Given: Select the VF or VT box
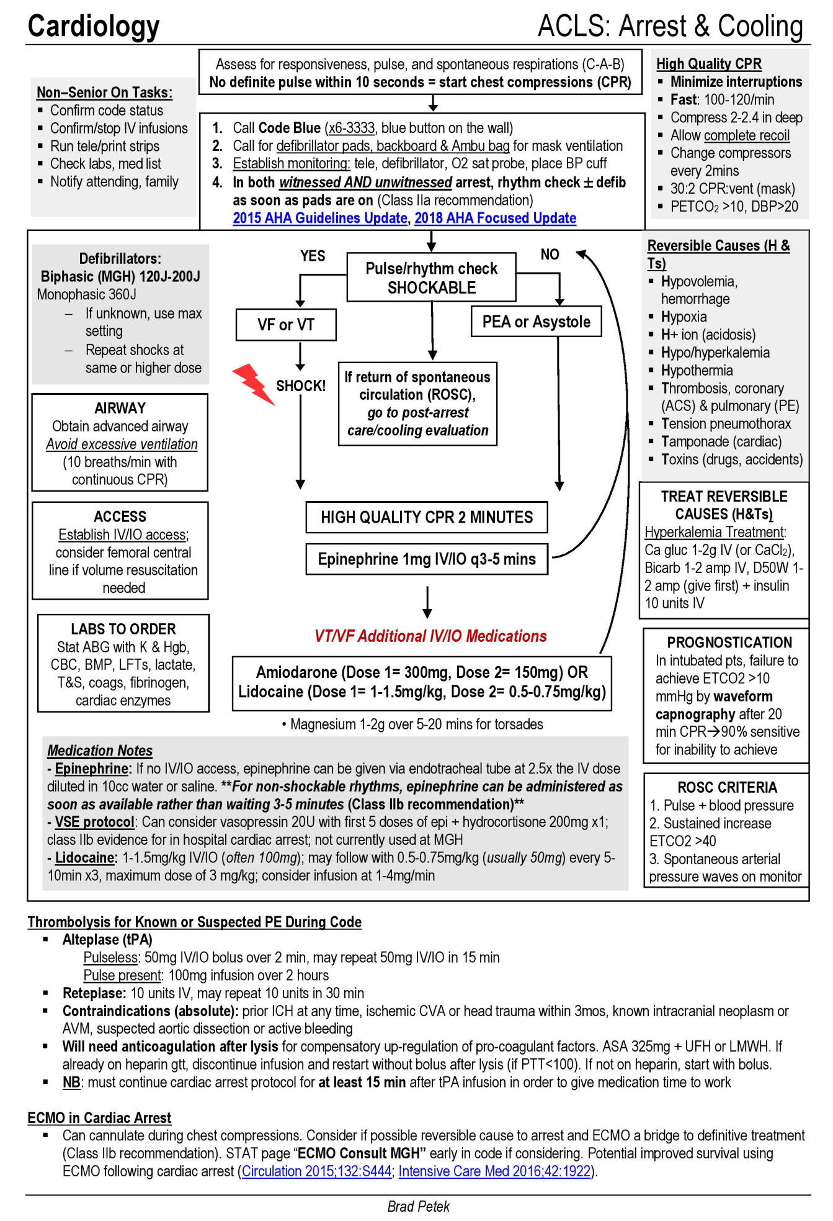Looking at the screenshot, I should [286, 325].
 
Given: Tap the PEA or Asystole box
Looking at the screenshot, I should [536, 322].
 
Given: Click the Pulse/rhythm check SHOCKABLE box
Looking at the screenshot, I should [431, 277].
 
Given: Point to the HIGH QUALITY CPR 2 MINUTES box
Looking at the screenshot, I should [427, 517].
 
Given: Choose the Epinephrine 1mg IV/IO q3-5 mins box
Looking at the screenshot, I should [427, 559].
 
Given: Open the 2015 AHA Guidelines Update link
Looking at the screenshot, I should [319, 218].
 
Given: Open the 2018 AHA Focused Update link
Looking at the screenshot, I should [495, 218].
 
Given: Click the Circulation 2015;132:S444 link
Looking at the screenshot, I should [316, 1171].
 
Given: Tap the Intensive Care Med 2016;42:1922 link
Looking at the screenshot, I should [494, 1171].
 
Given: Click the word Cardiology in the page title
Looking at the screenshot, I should [94, 26].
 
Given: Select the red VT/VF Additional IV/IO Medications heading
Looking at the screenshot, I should [430, 636].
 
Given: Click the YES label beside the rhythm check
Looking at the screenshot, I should [313, 256].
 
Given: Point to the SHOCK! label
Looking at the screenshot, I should [301, 386].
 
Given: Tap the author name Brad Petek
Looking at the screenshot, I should [418, 1206].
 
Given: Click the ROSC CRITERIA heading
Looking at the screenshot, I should [727, 787].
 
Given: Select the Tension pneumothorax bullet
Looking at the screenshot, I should [726, 423].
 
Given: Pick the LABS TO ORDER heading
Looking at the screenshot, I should [123, 629].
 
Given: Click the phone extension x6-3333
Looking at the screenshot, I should [351, 128].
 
